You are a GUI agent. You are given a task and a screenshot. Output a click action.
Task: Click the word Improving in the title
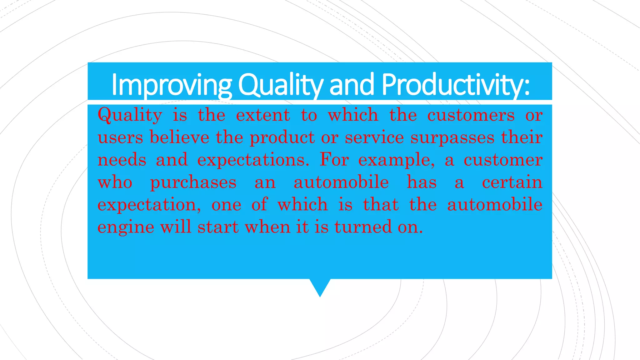(171, 84)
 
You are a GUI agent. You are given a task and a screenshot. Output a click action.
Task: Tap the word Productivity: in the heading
(456, 84)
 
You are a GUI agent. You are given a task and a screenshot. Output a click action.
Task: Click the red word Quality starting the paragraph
(130, 115)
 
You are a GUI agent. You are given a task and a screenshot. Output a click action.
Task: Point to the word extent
(263, 115)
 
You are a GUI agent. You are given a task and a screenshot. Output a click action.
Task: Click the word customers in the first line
(471, 115)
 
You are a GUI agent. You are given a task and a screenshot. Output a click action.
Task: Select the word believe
(179, 137)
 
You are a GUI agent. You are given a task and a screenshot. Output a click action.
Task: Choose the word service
(374, 137)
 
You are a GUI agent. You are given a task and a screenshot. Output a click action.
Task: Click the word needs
(122, 160)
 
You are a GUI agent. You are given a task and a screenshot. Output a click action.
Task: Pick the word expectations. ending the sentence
(253, 160)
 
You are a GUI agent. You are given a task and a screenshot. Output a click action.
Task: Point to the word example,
(396, 160)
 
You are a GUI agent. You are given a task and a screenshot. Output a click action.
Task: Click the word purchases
(193, 182)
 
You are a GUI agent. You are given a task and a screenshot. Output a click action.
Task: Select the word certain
(512, 182)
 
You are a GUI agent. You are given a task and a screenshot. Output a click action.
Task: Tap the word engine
(126, 227)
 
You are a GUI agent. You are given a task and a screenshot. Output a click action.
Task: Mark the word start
(218, 227)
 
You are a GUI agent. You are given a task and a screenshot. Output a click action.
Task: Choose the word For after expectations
(334, 160)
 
